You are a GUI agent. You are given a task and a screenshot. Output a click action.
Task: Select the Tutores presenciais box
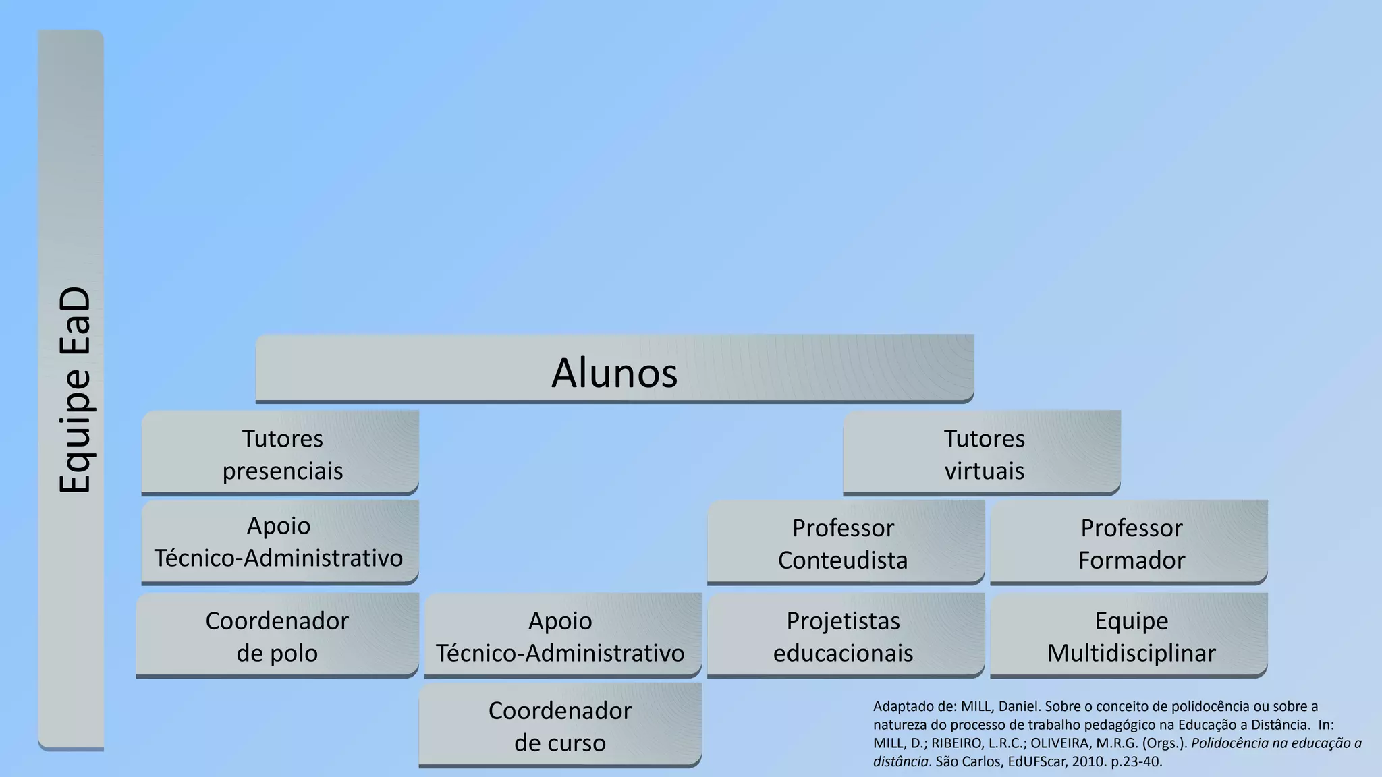coord(280,453)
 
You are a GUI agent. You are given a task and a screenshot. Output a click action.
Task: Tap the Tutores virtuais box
coord(982,453)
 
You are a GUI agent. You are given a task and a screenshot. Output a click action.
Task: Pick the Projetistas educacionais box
coord(845,635)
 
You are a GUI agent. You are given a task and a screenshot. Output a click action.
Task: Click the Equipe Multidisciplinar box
coord(1129,635)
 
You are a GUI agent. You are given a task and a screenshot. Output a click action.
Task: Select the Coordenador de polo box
coord(277,635)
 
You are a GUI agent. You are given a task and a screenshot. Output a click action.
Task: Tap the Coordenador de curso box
coord(560,725)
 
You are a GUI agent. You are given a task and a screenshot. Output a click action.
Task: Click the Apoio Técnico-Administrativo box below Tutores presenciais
coord(280,542)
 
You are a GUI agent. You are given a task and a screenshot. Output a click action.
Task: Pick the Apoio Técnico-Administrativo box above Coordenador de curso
coord(562,635)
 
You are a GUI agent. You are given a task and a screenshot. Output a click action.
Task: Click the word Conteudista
coord(843,560)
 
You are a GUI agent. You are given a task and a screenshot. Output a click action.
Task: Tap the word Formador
coord(1131,560)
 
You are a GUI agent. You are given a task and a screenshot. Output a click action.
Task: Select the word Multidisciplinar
coord(1131,653)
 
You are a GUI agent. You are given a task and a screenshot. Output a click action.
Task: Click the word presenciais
coord(283,471)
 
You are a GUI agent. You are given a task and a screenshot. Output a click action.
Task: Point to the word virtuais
coord(984,471)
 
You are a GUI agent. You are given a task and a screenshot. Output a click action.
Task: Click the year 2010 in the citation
coord(1086,762)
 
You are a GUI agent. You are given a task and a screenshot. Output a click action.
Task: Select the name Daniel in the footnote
coord(1018,707)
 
